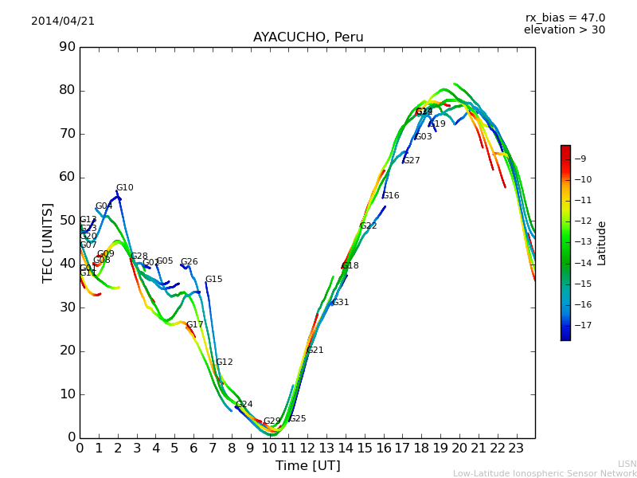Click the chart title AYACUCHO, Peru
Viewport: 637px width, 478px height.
click(308, 37)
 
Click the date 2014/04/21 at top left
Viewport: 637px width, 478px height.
click(63, 21)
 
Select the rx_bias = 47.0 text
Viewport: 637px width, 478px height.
click(565, 18)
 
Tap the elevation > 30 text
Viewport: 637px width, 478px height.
click(564, 30)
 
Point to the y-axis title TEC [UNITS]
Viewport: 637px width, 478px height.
click(48, 242)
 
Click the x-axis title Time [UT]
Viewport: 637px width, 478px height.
click(307, 466)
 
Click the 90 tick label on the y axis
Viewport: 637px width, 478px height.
click(66, 47)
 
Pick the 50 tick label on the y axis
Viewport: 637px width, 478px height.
click(66, 221)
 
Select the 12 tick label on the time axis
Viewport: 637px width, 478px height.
click(307, 448)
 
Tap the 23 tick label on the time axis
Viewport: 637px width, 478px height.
click(516, 448)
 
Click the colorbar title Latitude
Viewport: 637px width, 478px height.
click(602, 242)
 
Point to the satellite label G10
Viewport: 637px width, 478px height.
click(125, 188)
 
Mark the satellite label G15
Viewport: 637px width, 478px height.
click(214, 280)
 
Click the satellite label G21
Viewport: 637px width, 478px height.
click(315, 351)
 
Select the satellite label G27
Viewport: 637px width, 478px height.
click(412, 161)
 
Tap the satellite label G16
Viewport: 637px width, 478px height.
click(391, 196)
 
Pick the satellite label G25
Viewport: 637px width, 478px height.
click(298, 419)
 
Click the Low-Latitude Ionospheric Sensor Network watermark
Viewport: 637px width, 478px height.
click(545, 473)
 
